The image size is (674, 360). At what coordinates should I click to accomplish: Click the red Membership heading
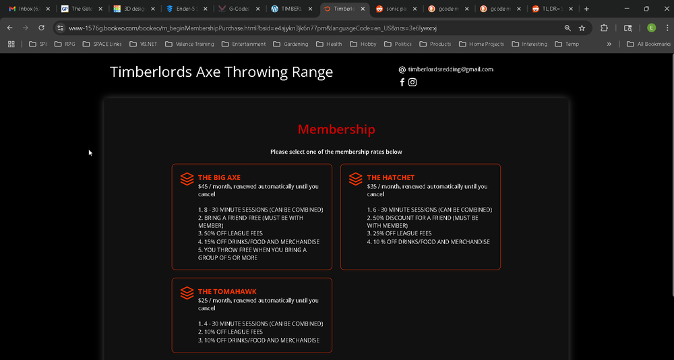point(336,129)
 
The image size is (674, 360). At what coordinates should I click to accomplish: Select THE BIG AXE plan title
point(219,178)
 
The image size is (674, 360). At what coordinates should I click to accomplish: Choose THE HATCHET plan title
point(390,178)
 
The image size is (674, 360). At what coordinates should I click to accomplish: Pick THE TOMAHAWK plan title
point(227,292)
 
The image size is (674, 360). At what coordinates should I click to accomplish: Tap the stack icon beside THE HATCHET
point(355,179)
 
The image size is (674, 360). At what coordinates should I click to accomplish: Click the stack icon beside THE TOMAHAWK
point(187,293)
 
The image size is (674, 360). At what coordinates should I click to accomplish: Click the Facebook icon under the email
point(402,82)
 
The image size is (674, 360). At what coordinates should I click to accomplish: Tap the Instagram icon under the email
point(412,82)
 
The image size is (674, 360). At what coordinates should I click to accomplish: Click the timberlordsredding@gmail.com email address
point(450,69)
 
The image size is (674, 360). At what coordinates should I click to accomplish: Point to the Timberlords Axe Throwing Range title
point(221,72)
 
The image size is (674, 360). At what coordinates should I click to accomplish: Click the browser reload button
point(41,28)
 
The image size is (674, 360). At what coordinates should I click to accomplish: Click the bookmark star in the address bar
point(582,28)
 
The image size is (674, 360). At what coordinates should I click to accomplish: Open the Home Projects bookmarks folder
point(481,44)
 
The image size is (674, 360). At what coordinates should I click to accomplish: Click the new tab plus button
point(586,9)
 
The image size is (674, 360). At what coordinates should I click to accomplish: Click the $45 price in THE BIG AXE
point(204,187)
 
